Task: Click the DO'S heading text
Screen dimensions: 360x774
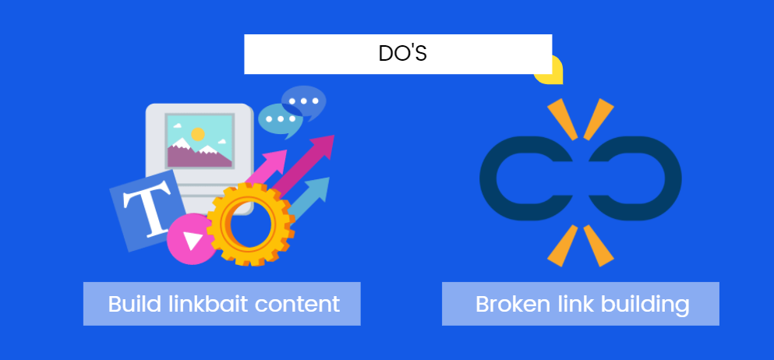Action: (402, 54)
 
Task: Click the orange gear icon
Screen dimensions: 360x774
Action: (250, 224)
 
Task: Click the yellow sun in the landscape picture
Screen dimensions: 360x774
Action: (198, 134)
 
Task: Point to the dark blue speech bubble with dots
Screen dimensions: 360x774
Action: (304, 102)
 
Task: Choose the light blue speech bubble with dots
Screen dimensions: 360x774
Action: (279, 119)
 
